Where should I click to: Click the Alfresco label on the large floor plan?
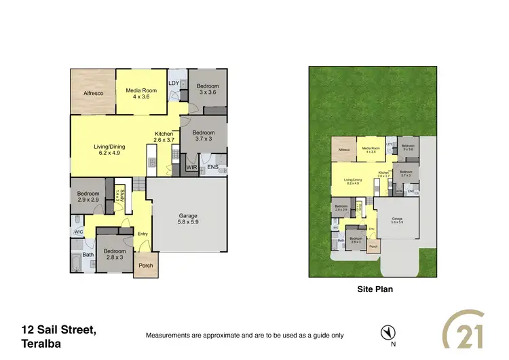(93, 93)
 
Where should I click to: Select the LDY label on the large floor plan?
(174, 84)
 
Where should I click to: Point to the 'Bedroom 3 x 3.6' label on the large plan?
(208, 90)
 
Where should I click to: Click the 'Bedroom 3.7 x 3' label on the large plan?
(203, 136)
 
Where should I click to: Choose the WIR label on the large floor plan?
(191, 166)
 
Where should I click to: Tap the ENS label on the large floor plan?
(212, 166)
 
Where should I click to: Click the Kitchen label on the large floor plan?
(164, 137)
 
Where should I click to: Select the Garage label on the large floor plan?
(188, 219)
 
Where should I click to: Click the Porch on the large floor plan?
(146, 266)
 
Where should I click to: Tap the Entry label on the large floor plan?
(143, 234)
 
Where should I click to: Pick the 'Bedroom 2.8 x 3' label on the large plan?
(115, 255)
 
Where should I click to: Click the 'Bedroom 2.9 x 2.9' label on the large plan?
(88, 197)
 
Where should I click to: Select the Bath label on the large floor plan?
(78, 255)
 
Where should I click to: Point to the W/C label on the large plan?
(78, 232)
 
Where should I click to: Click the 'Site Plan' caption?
(375, 289)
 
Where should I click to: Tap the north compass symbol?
(388, 332)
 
